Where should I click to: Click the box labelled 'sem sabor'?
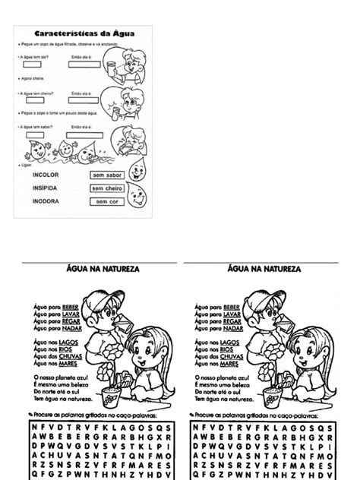107,174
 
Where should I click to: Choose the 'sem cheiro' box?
107,188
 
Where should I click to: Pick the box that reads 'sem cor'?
107,201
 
